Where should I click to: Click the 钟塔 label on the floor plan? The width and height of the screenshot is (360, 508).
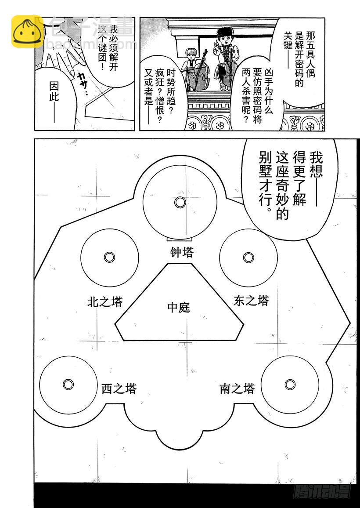tap(182, 252)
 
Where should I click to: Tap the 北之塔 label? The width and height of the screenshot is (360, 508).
tap(105, 301)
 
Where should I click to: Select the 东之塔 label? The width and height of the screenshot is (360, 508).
tap(251, 301)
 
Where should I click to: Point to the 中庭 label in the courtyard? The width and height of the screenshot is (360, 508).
tap(179, 307)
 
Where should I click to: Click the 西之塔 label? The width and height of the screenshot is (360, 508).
tap(119, 388)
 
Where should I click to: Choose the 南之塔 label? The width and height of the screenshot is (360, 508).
tap(237, 388)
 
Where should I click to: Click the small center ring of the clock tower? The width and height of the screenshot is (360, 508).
tap(180, 202)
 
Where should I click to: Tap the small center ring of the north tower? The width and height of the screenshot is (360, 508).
tap(109, 257)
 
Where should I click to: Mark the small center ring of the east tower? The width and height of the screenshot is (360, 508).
tap(248, 257)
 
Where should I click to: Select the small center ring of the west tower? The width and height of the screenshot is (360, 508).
tap(68, 385)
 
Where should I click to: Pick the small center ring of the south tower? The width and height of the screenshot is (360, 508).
tap(289, 385)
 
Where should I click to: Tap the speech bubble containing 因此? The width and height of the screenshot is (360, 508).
tap(55, 94)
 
